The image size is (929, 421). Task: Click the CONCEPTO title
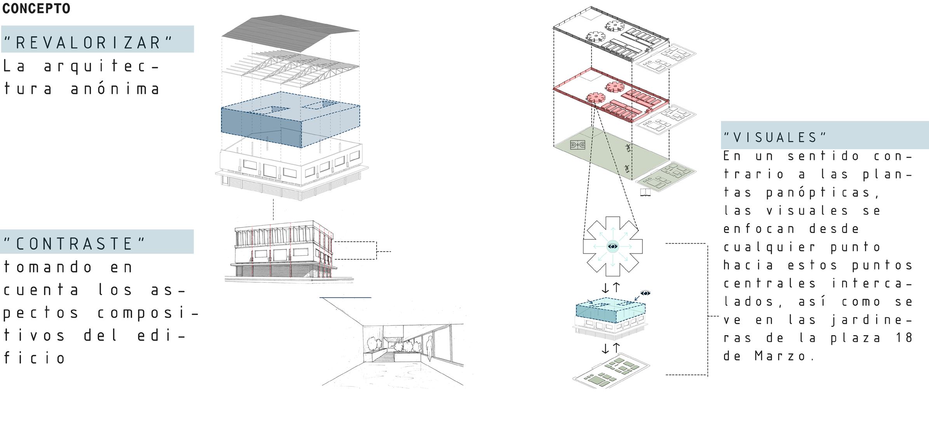(36, 9)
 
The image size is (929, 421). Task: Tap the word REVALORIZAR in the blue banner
(88, 43)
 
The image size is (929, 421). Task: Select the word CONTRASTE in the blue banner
(75, 244)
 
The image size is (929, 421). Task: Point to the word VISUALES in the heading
(775, 137)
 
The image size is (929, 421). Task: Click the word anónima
(116, 89)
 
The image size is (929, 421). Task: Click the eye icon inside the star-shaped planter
(612, 246)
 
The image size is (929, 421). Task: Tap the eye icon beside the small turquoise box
(645, 293)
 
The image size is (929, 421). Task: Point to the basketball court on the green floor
(578, 145)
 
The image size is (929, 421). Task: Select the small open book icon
(645, 192)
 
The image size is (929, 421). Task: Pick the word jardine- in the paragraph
(872, 320)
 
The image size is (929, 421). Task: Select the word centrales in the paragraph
(769, 283)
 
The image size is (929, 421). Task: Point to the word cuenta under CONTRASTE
(42, 290)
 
